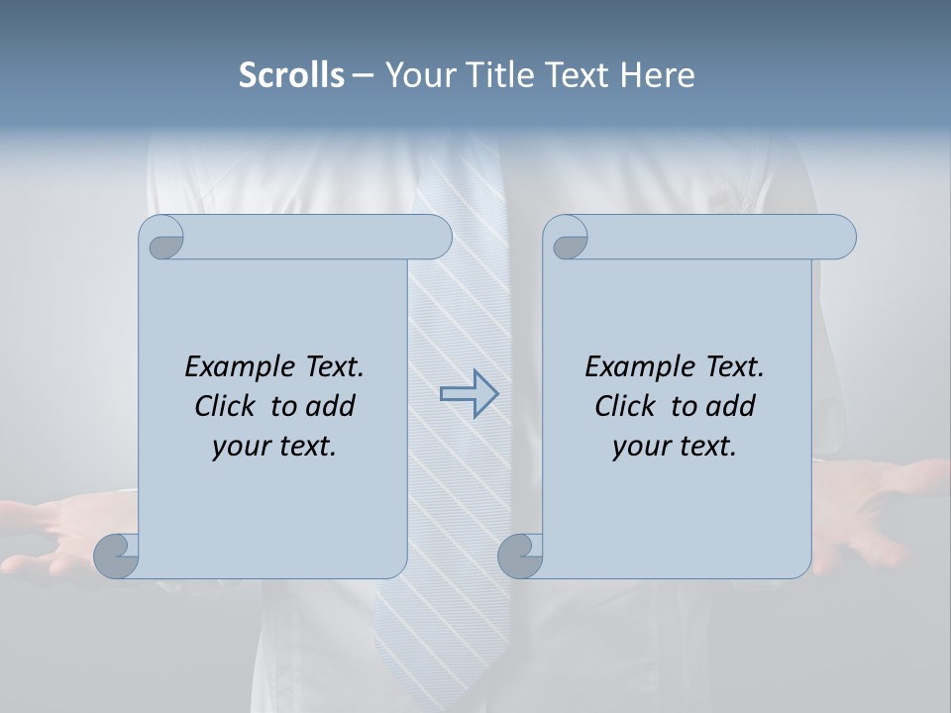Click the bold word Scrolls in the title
point(291,75)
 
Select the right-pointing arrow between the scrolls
point(469,394)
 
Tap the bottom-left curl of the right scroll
point(521,556)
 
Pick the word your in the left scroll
point(238,447)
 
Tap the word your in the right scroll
point(638,447)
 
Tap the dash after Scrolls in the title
point(363,75)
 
